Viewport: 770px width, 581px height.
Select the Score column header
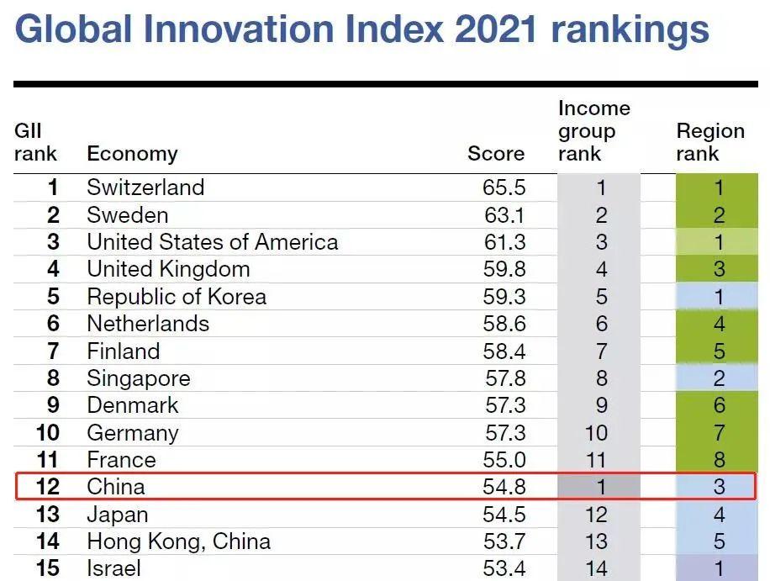coord(496,154)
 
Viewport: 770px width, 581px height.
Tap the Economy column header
coord(132,154)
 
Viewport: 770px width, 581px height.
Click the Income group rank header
coord(593,131)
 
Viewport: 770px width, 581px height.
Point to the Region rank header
coord(710,142)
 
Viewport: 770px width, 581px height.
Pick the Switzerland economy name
coord(145,187)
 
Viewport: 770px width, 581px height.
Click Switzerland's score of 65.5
coord(504,187)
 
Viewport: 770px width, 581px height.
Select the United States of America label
coord(212,242)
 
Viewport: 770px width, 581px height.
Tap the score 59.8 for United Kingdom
coord(504,269)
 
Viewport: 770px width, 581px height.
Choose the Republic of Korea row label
coord(177,297)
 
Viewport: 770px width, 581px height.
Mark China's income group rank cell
coord(599,487)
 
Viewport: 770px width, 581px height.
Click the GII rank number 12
coord(48,487)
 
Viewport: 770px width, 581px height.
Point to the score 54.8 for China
coord(504,487)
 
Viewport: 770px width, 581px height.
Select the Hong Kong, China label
coord(178,541)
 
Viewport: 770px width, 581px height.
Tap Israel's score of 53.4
coord(504,568)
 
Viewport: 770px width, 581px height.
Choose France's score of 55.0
coord(504,460)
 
